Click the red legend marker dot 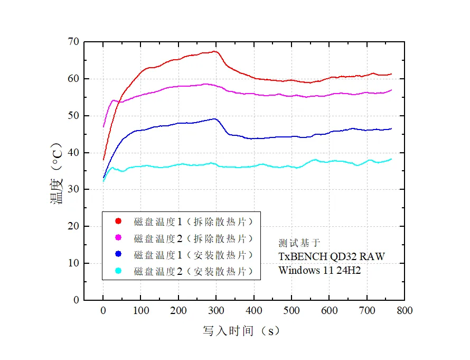[118, 221]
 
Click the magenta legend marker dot [118, 238]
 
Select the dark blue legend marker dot [118, 255]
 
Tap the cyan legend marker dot [118, 271]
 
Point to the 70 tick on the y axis [73, 42]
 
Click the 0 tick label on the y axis [76, 300]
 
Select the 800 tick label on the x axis [405, 311]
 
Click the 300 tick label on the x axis [216, 311]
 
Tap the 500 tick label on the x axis [292, 311]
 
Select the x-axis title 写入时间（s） [241, 331]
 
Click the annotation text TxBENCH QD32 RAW [332, 257]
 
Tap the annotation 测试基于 [299, 243]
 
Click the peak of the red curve [215, 51]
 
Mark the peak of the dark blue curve [214, 118]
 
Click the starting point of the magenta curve [104, 127]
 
